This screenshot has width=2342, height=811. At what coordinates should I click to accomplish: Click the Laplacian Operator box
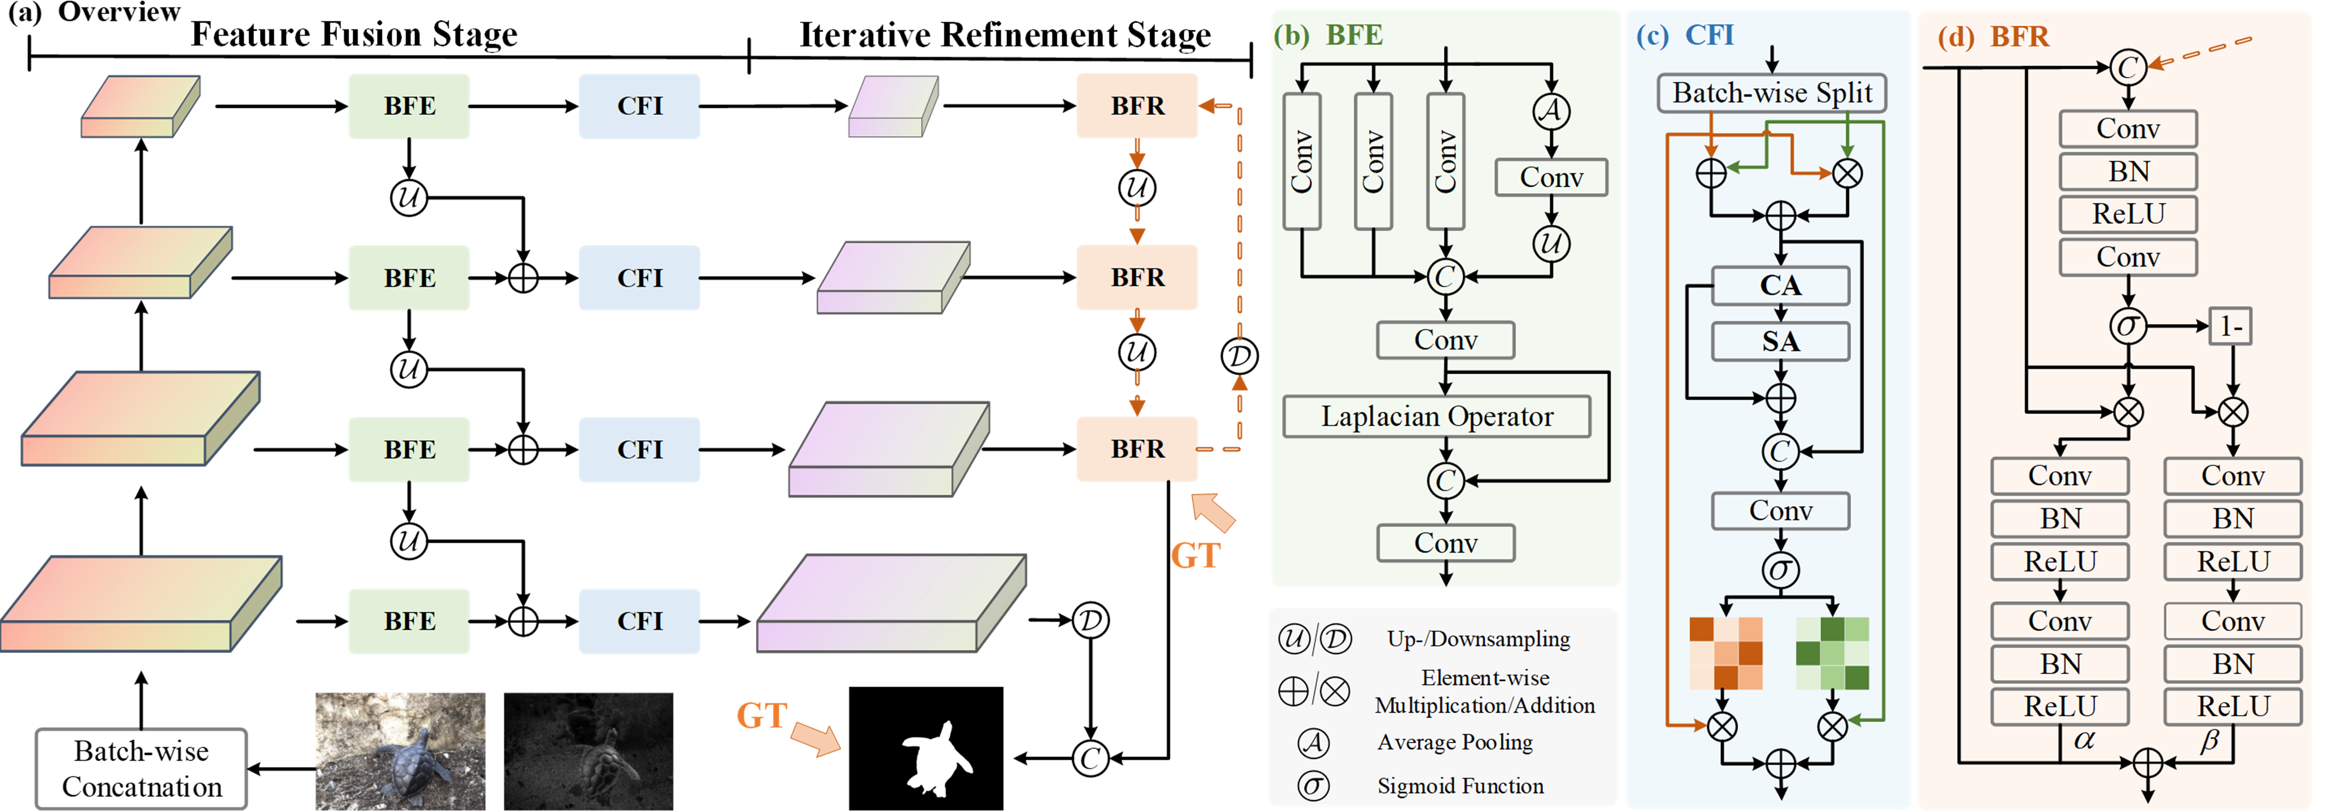(x=1436, y=416)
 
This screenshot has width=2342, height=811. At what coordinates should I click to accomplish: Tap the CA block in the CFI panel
(x=1780, y=285)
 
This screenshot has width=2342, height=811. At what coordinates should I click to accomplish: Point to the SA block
(x=1780, y=342)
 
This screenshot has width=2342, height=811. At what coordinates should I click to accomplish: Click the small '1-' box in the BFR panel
(x=2230, y=326)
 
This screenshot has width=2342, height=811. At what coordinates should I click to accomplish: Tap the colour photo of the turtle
(x=400, y=751)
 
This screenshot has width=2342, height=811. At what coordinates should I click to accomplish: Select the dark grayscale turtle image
(x=588, y=751)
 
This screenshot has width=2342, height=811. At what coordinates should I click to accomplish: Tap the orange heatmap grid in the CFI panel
(x=1725, y=653)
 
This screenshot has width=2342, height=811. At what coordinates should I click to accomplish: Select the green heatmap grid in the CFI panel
(x=1832, y=653)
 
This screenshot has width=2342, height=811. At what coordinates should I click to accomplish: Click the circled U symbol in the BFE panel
(x=1551, y=243)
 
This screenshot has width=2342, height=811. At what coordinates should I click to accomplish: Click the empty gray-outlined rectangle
(x=141, y=768)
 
